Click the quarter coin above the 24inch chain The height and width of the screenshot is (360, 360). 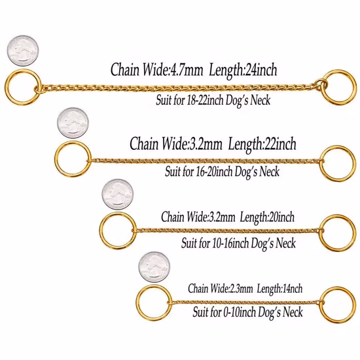[x=23, y=51]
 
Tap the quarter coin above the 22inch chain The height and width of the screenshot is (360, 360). [x=73, y=123]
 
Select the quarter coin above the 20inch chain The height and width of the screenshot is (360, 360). [x=118, y=194]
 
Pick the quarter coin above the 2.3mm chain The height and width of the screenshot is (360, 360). [x=154, y=267]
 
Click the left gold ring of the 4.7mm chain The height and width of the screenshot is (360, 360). [x=7, y=87]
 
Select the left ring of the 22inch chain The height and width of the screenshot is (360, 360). [x=56, y=159]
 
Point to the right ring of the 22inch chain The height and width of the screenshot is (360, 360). [x=355, y=164]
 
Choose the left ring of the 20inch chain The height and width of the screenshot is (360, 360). [x=101, y=230]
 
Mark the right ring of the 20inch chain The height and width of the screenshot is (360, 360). [x=355, y=233]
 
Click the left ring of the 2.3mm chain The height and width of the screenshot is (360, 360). [x=137, y=303]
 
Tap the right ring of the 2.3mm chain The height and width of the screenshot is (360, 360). [x=355, y=305]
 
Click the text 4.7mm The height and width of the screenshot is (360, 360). [x=186, y=69]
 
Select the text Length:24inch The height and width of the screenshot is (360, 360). [x=243, y=70]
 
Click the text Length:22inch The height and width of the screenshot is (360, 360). [x=262, y=144]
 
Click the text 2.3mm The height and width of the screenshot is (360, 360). [x=241, y=289]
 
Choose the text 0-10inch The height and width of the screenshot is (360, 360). [x=240, y=312]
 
